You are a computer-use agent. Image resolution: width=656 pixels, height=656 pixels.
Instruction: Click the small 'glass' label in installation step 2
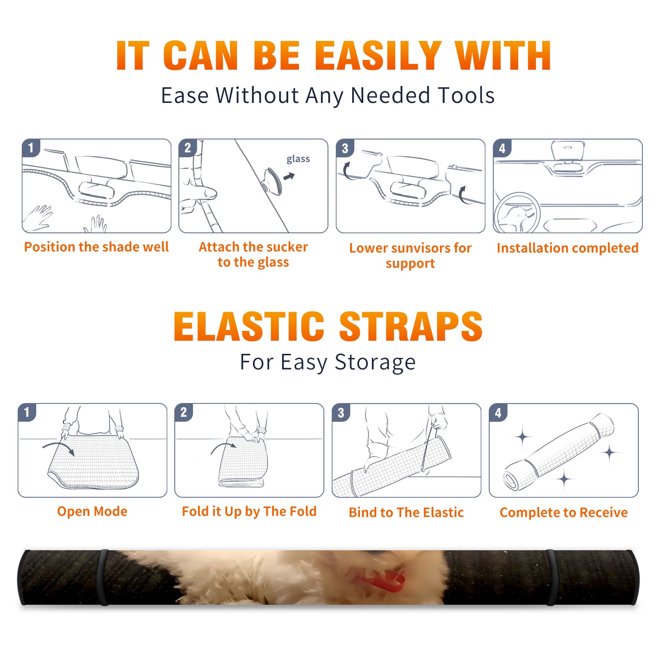pyautogui.click(x=298, y=159)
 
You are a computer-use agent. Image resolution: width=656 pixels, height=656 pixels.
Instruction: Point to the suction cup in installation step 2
pyautogui.click(x=273, y=181)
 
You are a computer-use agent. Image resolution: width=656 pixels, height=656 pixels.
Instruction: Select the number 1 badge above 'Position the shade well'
pyautogui.click(x=31, y=148)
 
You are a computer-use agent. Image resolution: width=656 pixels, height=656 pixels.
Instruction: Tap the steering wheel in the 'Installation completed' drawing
pyautogui.click(x=517, y=213)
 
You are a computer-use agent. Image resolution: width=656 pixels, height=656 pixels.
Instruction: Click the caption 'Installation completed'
pyautogui.click(x=567, y=248)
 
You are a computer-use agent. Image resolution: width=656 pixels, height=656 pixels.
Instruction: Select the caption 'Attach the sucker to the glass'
pyautogui.click(x=253, y=254)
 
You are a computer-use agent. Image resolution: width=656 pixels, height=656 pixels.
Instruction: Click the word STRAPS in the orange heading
pyautogui.click(x=411, y=326)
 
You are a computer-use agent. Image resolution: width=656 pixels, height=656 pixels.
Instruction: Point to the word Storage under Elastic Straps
pyautogui.click(x=375, y=362)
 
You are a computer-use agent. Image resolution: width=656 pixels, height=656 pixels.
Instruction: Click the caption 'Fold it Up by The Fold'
pyautogui.click(x=249, y=512)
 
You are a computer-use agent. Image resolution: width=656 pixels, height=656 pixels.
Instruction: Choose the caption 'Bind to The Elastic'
pyautogui.click(x=406, y=512)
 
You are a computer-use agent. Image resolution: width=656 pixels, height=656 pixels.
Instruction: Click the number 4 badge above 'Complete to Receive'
pyautogui.click(x=498, y=412)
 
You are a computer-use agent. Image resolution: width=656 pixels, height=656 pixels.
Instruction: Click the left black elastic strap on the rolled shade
pyautogui.click(x=103, y=577)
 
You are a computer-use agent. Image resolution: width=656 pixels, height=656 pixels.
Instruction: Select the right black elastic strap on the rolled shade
pyautogui.click(x=552, y=577)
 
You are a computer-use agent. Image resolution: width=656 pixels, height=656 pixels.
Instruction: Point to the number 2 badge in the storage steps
pyautogui.click(x=184, y=412)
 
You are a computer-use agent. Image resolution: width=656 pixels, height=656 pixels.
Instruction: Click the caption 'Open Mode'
pyautogui.click(x=92, y=512)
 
